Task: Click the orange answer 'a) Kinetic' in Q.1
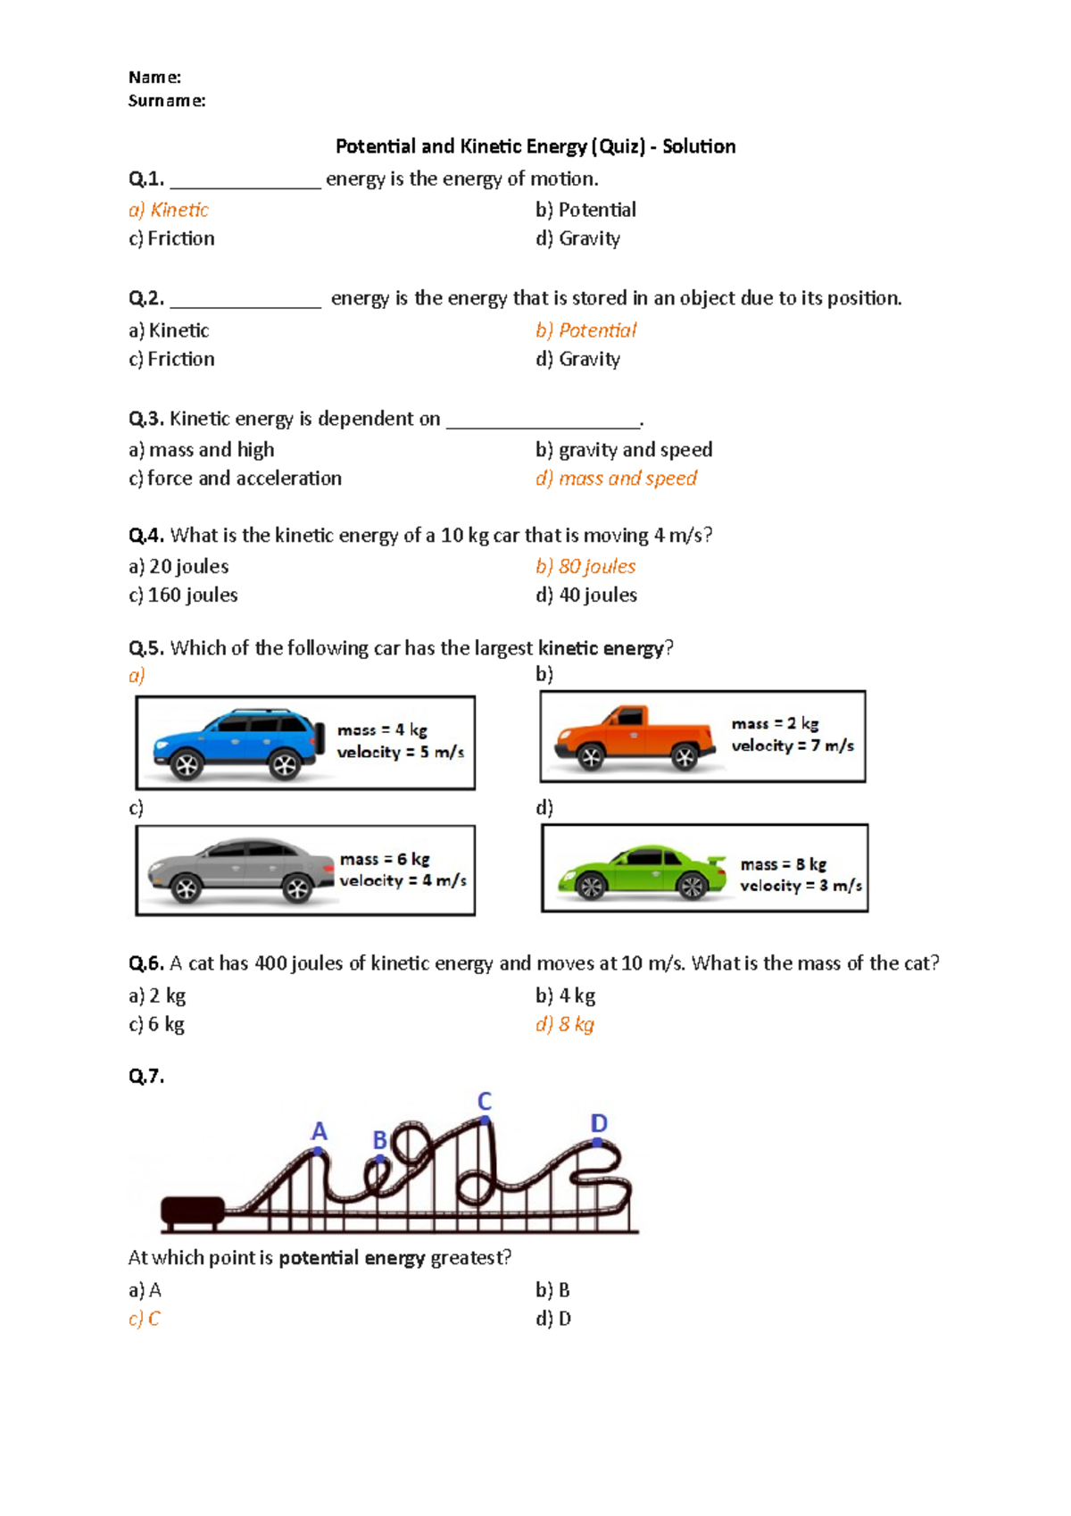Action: (169, 210)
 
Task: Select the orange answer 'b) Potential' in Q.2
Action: (585, 330)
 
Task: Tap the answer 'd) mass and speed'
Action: (616, 479)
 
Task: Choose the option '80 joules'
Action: (586, 566)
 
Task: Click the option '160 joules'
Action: (183, 595)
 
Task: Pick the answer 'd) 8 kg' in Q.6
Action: (565, 1024)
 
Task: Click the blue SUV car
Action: (237, 744)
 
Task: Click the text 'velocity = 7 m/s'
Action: (793, 746)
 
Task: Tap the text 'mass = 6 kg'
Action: (385, 859)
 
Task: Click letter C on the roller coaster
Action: (485, 1101)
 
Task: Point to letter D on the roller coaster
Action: (599, 1123)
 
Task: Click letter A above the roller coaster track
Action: (319, 1131)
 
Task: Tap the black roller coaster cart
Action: (192, 1211)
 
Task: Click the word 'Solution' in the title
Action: (699, 146)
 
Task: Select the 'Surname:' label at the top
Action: (167, 101)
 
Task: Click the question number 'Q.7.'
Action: (146, 1076)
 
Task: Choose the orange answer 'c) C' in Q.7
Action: (145, 1319)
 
